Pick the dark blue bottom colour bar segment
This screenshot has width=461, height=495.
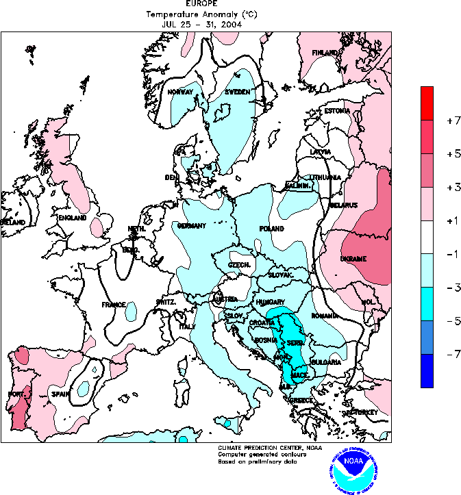point(427,370)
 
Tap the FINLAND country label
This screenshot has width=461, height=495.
point(325,53)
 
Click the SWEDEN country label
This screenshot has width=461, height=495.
point(237,92)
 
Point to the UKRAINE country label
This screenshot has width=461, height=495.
point(353,259)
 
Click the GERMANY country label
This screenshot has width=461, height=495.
point(192,226)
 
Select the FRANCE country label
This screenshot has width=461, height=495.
point(114,305)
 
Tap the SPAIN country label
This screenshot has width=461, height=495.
point(60,394)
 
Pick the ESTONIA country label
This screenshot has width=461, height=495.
point(337,111)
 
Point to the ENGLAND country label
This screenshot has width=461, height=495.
point(72,218)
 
